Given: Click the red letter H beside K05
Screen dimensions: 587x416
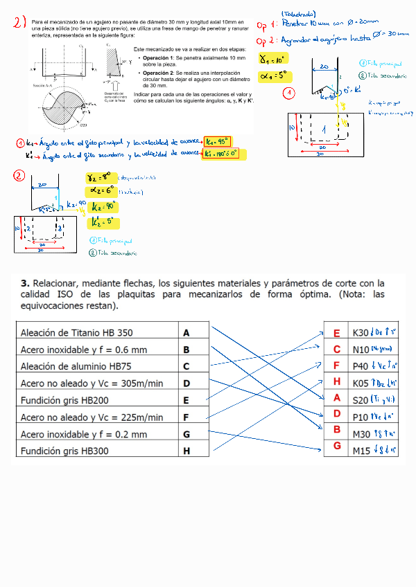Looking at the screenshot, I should (x=337, y=381).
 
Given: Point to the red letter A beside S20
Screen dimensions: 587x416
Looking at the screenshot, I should (x=337, y=397).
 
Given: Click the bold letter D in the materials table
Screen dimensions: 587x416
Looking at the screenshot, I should (x=187, y=383).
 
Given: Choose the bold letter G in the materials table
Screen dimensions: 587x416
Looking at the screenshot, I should (x=187, y=434).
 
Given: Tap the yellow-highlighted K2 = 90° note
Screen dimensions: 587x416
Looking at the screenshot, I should (x=101, y=206).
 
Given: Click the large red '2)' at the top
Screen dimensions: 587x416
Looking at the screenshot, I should (x=19, y=27).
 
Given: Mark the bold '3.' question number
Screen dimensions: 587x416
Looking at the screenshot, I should (x=25, y=284).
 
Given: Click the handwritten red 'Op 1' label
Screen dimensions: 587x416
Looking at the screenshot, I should (x=266, y=26).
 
